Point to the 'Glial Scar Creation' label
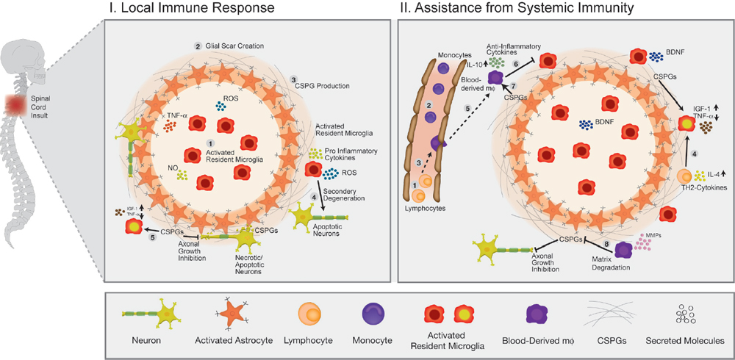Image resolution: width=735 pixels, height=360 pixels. (234, 46)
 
